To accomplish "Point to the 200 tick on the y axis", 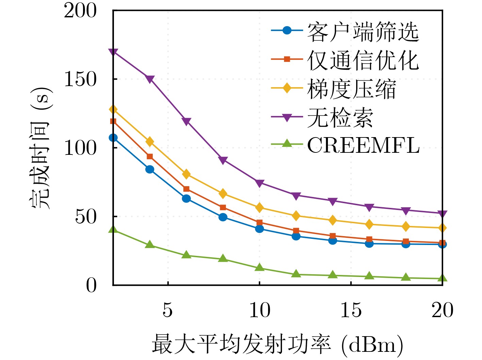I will (80, 11).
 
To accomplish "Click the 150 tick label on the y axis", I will (80, 79).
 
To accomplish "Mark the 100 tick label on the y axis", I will (80, 148).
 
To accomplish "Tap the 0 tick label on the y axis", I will (91, 285).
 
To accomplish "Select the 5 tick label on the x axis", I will (168, 310).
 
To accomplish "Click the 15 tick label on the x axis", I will (351, 310).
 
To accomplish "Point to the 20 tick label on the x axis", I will (442, 310).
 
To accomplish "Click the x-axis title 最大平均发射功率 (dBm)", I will (277, 344).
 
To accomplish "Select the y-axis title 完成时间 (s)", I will (40, 148).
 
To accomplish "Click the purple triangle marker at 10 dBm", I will (260, 183).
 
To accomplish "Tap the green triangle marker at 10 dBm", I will (260, 267).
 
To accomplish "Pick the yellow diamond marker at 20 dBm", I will (442, 228).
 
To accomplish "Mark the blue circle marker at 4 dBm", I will (150, 169).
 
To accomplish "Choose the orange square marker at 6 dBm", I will (186, 189).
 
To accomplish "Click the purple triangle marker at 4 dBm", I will (150, 79).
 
